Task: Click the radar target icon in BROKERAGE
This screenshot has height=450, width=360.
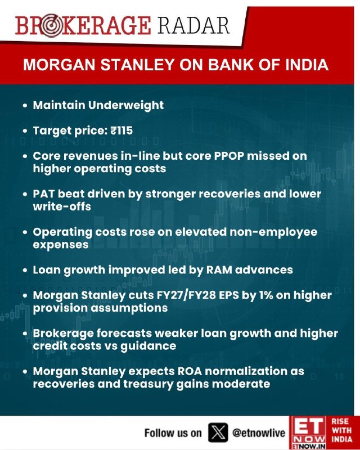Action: pos(50,26)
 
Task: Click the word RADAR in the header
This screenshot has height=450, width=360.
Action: pos(193,25)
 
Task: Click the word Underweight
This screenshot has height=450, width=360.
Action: pos(126,105)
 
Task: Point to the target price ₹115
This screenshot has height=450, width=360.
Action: pos(121,130)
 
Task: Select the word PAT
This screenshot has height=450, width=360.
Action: pos(44,193)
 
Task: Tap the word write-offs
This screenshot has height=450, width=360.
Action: pos(62,206)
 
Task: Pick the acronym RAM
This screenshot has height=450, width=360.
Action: pos(219,270)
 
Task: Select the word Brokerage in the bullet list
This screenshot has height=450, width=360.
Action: pos(63,333)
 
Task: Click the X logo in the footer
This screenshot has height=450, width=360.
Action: pos(218,433)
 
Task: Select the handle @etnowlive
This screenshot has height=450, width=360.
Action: pos(259,433)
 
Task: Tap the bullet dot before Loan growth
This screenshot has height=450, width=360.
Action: pos(25,271)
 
